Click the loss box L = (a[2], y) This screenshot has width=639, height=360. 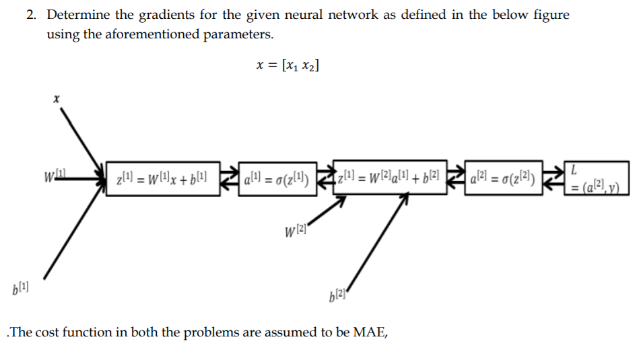point(597,178)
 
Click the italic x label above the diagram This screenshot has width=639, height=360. point(57,99)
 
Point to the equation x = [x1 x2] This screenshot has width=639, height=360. point(288,65)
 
